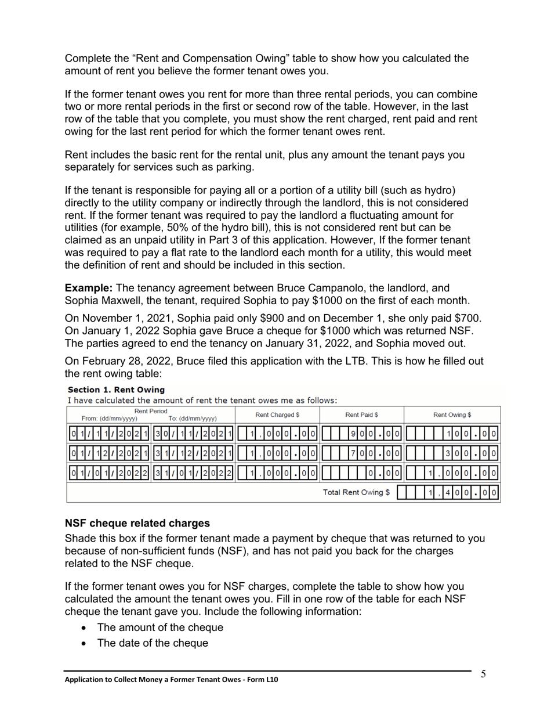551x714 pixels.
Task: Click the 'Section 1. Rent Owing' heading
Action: coord(116,390)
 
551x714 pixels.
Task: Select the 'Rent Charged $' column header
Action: coord(277,414)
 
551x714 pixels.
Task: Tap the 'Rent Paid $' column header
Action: coord(361,414)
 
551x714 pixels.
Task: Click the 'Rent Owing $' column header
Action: coord(452,414)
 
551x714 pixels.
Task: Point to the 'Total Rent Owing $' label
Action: coord(356,492)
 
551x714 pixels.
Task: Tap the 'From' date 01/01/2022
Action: coord(109,473)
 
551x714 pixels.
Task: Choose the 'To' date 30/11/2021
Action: coord(193,432)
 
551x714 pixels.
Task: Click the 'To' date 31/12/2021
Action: coord(193,453)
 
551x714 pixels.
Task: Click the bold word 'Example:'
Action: coord(89,288)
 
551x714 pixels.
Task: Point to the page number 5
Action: coord(483,673)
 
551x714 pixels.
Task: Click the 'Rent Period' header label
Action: coord(151,411)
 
